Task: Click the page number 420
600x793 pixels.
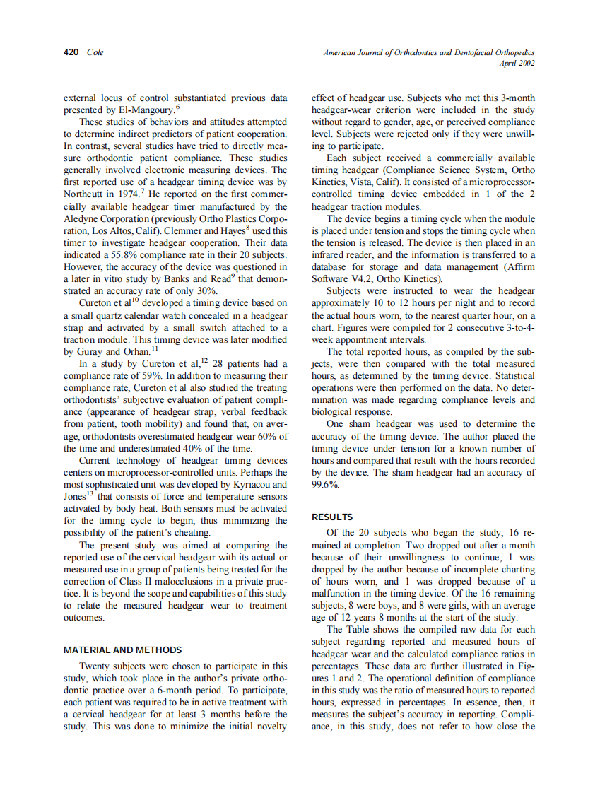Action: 71,53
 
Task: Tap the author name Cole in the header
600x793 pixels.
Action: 95,53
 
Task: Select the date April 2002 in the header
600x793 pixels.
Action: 517,64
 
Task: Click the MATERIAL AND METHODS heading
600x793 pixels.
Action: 122,650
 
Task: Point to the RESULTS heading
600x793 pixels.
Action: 331,517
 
